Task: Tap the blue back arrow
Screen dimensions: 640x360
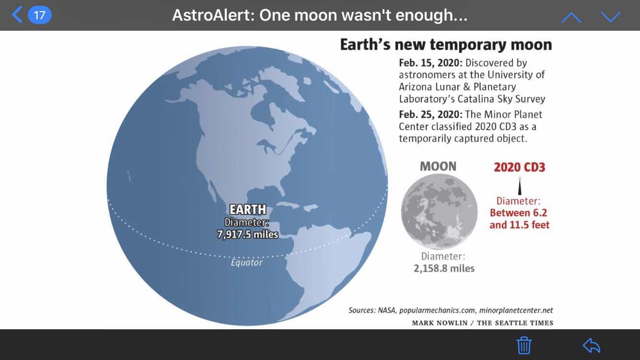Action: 17,14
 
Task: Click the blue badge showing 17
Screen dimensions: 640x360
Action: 39,15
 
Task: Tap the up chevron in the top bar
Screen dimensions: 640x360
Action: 571,17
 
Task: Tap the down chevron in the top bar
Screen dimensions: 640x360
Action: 611,17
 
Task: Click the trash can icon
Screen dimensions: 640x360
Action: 524,346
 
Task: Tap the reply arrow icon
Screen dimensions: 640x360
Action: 592,346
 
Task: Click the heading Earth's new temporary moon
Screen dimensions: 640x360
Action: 446,45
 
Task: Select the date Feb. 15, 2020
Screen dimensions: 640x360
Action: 430,62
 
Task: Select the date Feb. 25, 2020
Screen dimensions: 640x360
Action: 430,114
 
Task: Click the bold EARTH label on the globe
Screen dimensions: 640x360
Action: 248,210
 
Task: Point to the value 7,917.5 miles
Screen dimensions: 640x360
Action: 248,234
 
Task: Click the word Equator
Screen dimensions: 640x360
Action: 246,263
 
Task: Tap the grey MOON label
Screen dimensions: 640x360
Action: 438,167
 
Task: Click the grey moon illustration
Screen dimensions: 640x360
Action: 439,212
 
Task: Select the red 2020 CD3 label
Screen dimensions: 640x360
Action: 520,167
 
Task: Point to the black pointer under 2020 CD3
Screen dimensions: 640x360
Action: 520,186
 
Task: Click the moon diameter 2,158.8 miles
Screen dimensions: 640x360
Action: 444,268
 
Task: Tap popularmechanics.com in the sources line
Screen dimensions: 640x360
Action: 438,310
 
